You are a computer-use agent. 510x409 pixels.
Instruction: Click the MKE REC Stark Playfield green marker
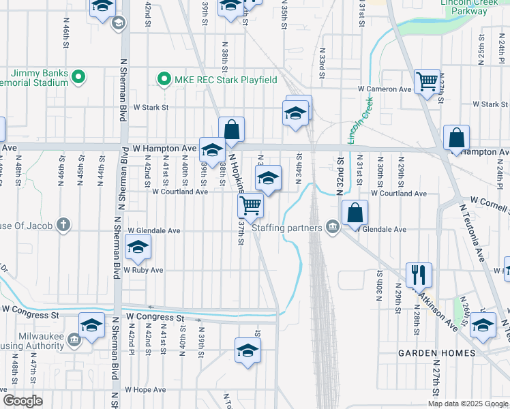point(164,80)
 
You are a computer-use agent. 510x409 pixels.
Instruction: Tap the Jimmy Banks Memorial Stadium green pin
point(78,77)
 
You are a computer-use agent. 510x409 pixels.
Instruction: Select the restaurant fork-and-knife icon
point(419,274)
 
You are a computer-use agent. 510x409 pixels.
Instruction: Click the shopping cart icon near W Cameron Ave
point(427,82)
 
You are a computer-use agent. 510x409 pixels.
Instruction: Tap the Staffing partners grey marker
point(332,228)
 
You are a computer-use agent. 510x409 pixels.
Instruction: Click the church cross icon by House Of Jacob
point(63,224)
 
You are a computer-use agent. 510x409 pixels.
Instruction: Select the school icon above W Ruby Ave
point(138,249)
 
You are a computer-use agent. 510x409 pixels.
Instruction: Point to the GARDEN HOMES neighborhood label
point(437,352)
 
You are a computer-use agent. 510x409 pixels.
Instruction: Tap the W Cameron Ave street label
point(386,89)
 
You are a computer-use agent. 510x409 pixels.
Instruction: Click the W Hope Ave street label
point(145,390)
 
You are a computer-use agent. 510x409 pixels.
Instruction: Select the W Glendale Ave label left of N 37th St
point(153,231)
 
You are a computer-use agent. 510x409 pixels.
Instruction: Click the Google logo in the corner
point(22,401)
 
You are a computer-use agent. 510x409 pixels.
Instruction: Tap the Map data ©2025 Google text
point(468,404)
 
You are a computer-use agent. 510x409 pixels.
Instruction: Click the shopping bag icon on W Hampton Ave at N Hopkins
point(232,129)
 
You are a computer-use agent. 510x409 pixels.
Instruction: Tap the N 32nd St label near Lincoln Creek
point(340,174)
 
